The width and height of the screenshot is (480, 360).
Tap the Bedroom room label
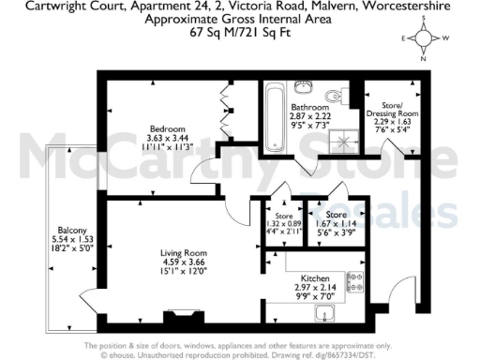tap(166, 127)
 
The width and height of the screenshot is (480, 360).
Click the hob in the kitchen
tap(355, 277)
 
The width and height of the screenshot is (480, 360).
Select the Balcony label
tap(72, 231)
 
